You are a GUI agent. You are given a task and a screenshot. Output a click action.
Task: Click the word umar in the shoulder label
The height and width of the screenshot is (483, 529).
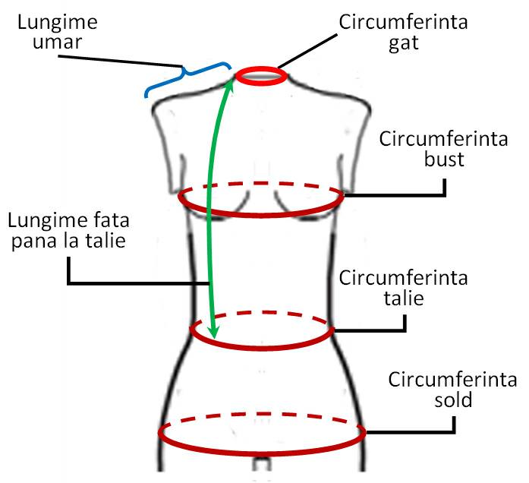tap(58, 43)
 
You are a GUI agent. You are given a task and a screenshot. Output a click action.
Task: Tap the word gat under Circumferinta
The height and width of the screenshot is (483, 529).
tap(404, 44)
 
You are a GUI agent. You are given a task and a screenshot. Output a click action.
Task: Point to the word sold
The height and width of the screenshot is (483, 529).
tap(453, 399)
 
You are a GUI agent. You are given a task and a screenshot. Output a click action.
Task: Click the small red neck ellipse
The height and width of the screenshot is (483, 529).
tap(261, 76)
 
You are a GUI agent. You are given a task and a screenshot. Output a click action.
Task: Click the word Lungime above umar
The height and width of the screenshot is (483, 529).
tap(58, 23)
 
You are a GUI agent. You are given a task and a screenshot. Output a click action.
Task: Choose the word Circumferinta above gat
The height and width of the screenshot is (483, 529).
tap(404, 22)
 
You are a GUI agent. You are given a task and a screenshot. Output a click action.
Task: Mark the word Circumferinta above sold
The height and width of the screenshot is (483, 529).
tap(452, 380)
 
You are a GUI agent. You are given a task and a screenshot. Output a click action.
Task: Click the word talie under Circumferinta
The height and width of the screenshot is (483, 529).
tap(404, 298)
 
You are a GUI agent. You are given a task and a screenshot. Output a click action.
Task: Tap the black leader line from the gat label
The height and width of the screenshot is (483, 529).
tap(307, 51)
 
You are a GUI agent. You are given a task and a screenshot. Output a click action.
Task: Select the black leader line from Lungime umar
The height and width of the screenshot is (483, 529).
tap(121, 61)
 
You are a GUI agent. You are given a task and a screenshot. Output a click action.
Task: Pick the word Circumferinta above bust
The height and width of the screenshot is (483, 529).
tap(444, 139)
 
